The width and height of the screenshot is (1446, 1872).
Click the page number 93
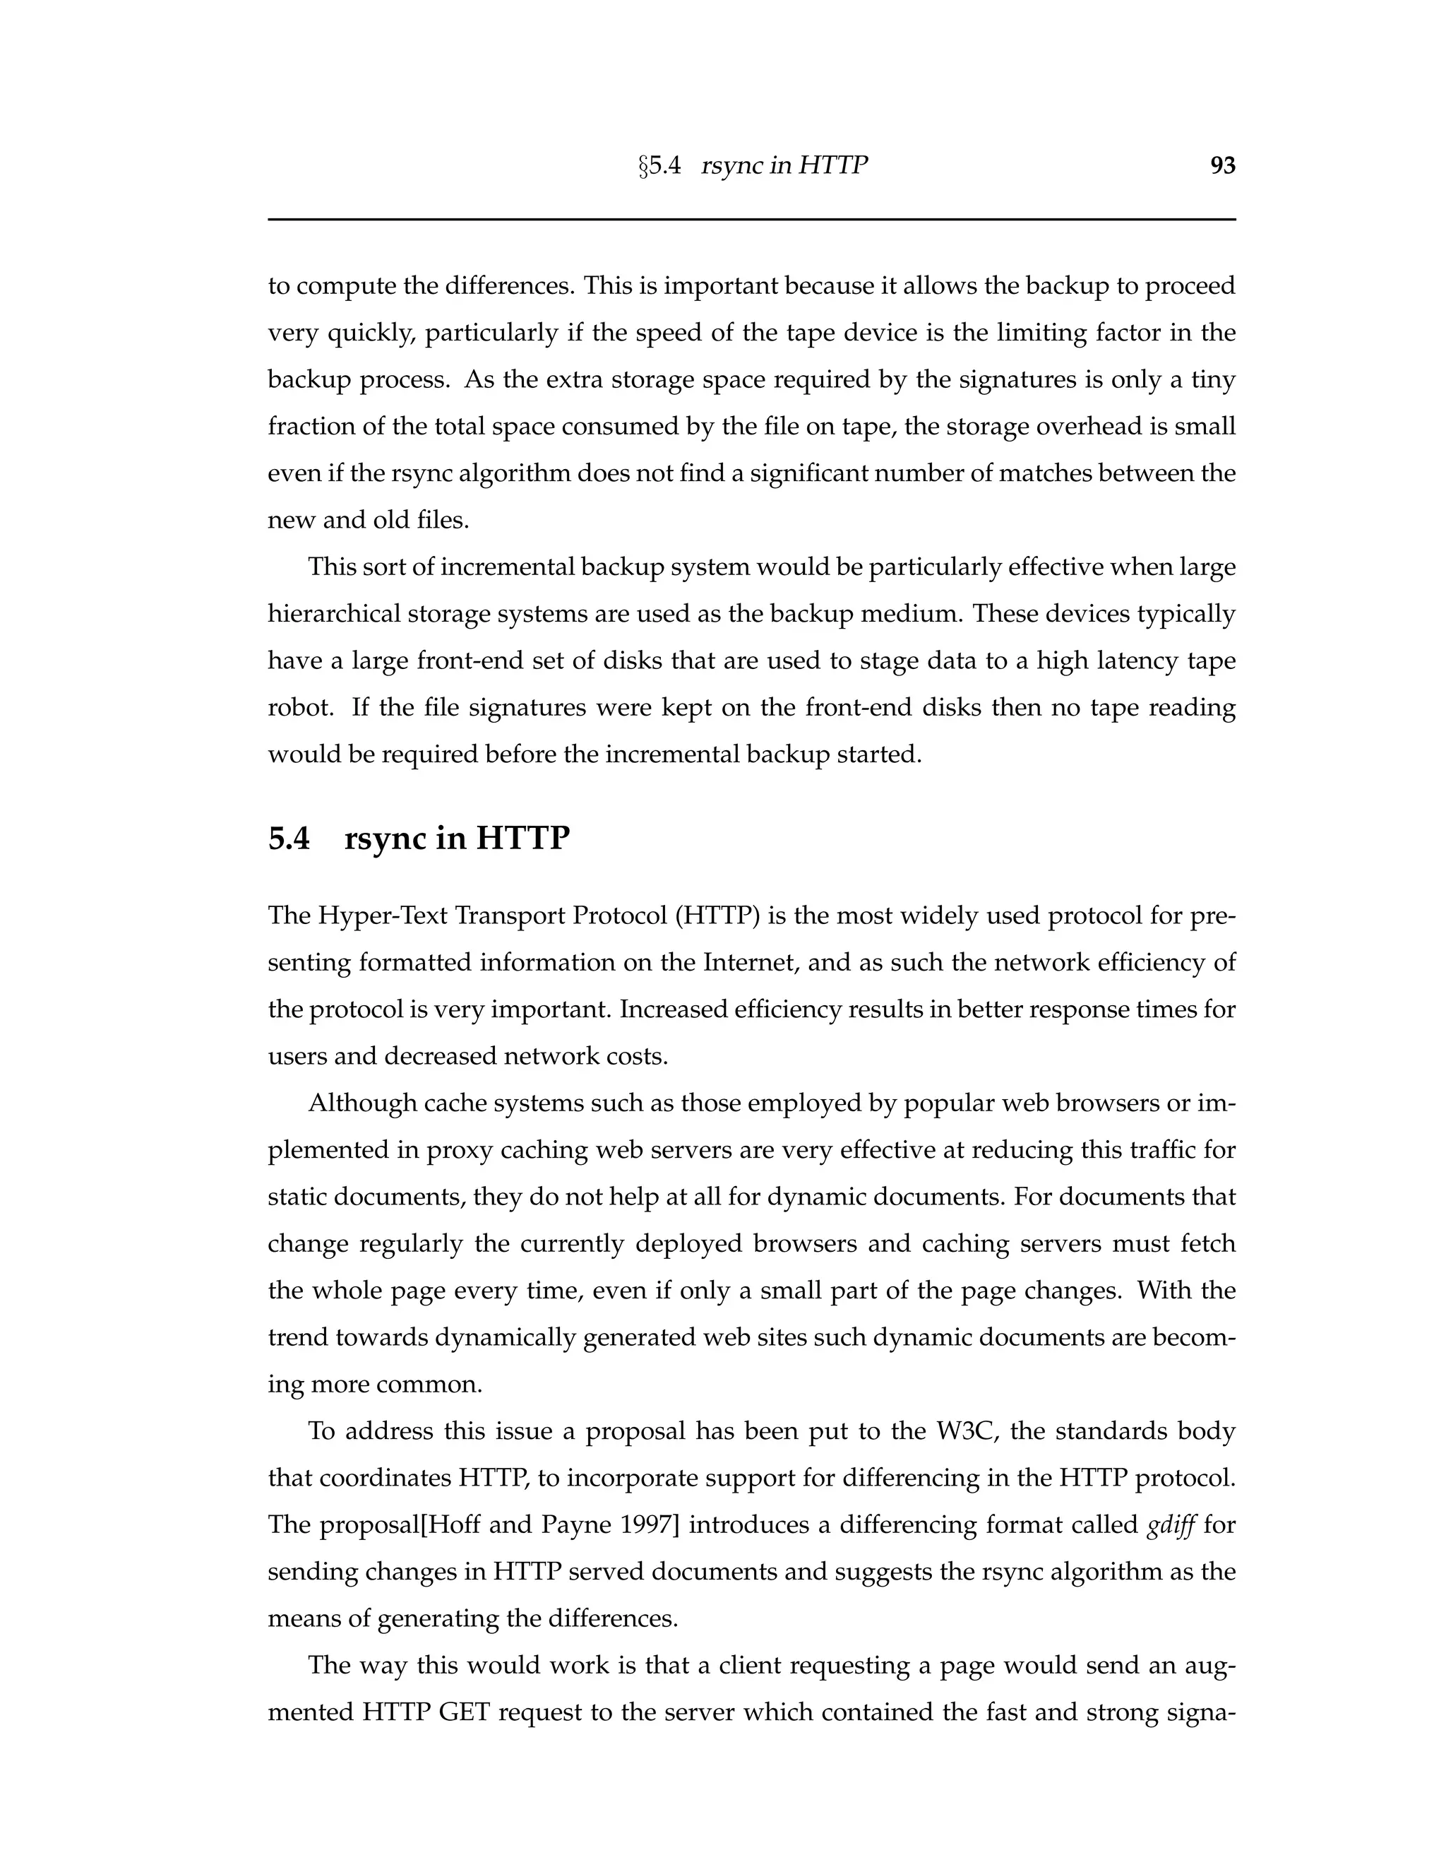coord(1222,165)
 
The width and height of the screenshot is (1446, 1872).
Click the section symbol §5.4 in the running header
coord(659,165)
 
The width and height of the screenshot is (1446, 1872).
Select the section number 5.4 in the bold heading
coord(289,839)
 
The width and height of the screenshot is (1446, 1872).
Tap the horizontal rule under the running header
coord(751,220)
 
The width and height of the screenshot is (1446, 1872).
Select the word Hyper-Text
coord(383,916)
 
